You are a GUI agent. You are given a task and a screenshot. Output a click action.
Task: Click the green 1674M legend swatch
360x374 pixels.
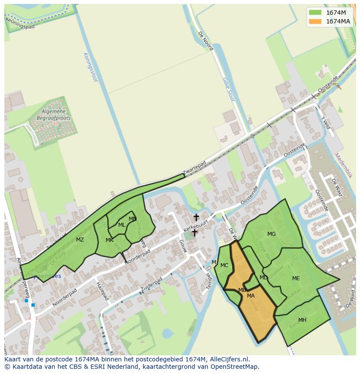(x=315, y=12)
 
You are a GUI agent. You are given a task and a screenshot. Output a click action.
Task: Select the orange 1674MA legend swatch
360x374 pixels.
(x=315, y=21)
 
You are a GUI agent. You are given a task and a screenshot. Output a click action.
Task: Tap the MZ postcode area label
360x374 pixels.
(x=80, y=240)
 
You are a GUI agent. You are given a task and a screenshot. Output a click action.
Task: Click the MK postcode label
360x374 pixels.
(x=110, y=240)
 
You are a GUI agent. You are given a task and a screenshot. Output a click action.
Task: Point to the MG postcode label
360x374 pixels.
(x=271, y=234)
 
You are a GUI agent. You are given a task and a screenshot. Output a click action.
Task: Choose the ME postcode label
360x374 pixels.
(x=296, y=278)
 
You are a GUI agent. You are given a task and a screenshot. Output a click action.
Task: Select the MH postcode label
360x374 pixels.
(x=302, y=320)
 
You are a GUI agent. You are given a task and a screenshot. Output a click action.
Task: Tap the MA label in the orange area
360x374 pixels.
(x=251, y=296)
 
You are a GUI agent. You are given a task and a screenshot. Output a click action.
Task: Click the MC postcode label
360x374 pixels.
(x=224, y=265)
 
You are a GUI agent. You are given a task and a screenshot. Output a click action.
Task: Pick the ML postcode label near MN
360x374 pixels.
(x=122, y=225)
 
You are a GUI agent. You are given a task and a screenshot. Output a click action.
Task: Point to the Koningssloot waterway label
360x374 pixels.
(x=92, y=67)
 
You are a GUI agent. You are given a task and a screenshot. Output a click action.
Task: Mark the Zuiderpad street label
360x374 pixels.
(x=151, y=284)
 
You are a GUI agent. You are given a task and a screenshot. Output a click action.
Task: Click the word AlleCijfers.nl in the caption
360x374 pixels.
(x=230, y=359)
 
